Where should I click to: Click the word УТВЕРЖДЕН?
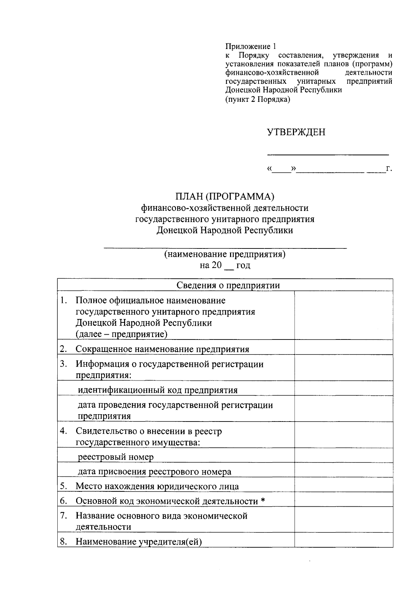pos(296,132)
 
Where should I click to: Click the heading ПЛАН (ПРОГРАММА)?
pos(225,197)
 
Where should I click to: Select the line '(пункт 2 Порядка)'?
pos(257,99)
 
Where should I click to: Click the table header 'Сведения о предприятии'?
pos(228,285)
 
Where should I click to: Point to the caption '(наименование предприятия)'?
pos(225,254)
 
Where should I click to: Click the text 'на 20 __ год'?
pos(225,265)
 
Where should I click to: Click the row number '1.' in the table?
pos(64,300)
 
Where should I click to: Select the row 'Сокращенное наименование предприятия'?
pos(162,349)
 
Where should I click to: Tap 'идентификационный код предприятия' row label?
pos(157,390)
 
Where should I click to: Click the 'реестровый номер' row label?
pos(115,457)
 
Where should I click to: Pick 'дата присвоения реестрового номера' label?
pos(154,472)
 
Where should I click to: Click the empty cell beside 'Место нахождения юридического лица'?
pos(343,486)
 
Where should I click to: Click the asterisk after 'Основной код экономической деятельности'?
pos(263,501)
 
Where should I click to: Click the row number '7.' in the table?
pos(64,516)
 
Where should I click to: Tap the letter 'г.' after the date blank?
pos(389,169)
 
